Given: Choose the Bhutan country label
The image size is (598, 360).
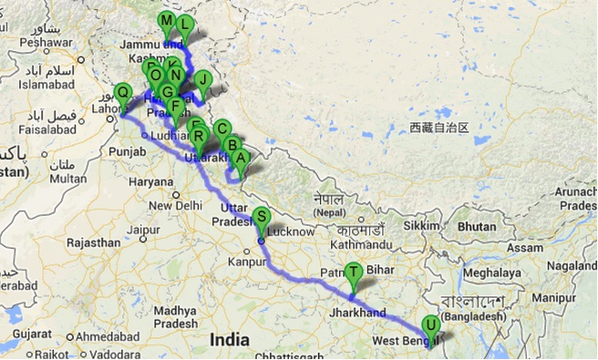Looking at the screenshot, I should click(x=477, y=225).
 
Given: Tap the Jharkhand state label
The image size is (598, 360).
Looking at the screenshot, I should click(x=360, y=312).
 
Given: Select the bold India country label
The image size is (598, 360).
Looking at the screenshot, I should click(x=229, y=339).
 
